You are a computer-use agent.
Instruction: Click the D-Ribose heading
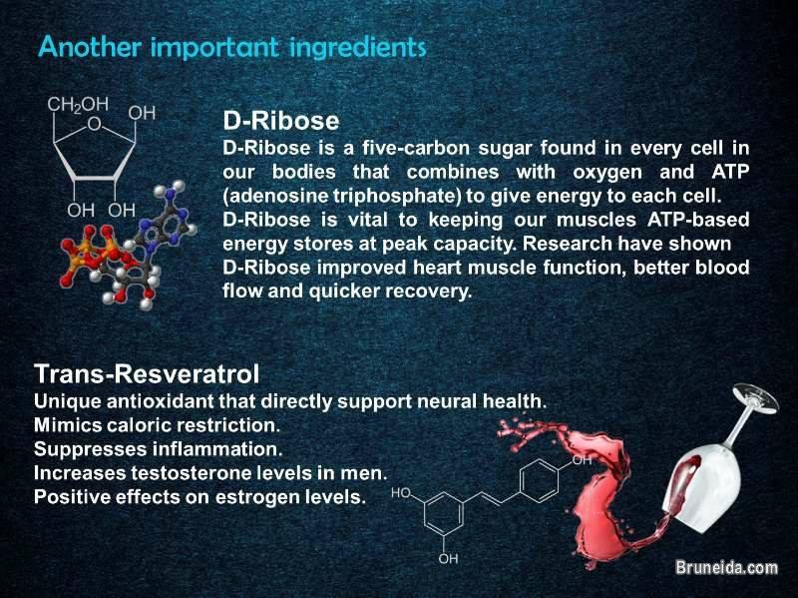(280, 121)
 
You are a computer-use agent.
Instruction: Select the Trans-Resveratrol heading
(147, 374)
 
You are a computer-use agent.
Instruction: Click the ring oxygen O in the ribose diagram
(94, 126)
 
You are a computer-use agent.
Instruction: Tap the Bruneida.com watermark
(725, 567)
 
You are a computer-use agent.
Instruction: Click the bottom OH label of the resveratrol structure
(449, 558)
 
